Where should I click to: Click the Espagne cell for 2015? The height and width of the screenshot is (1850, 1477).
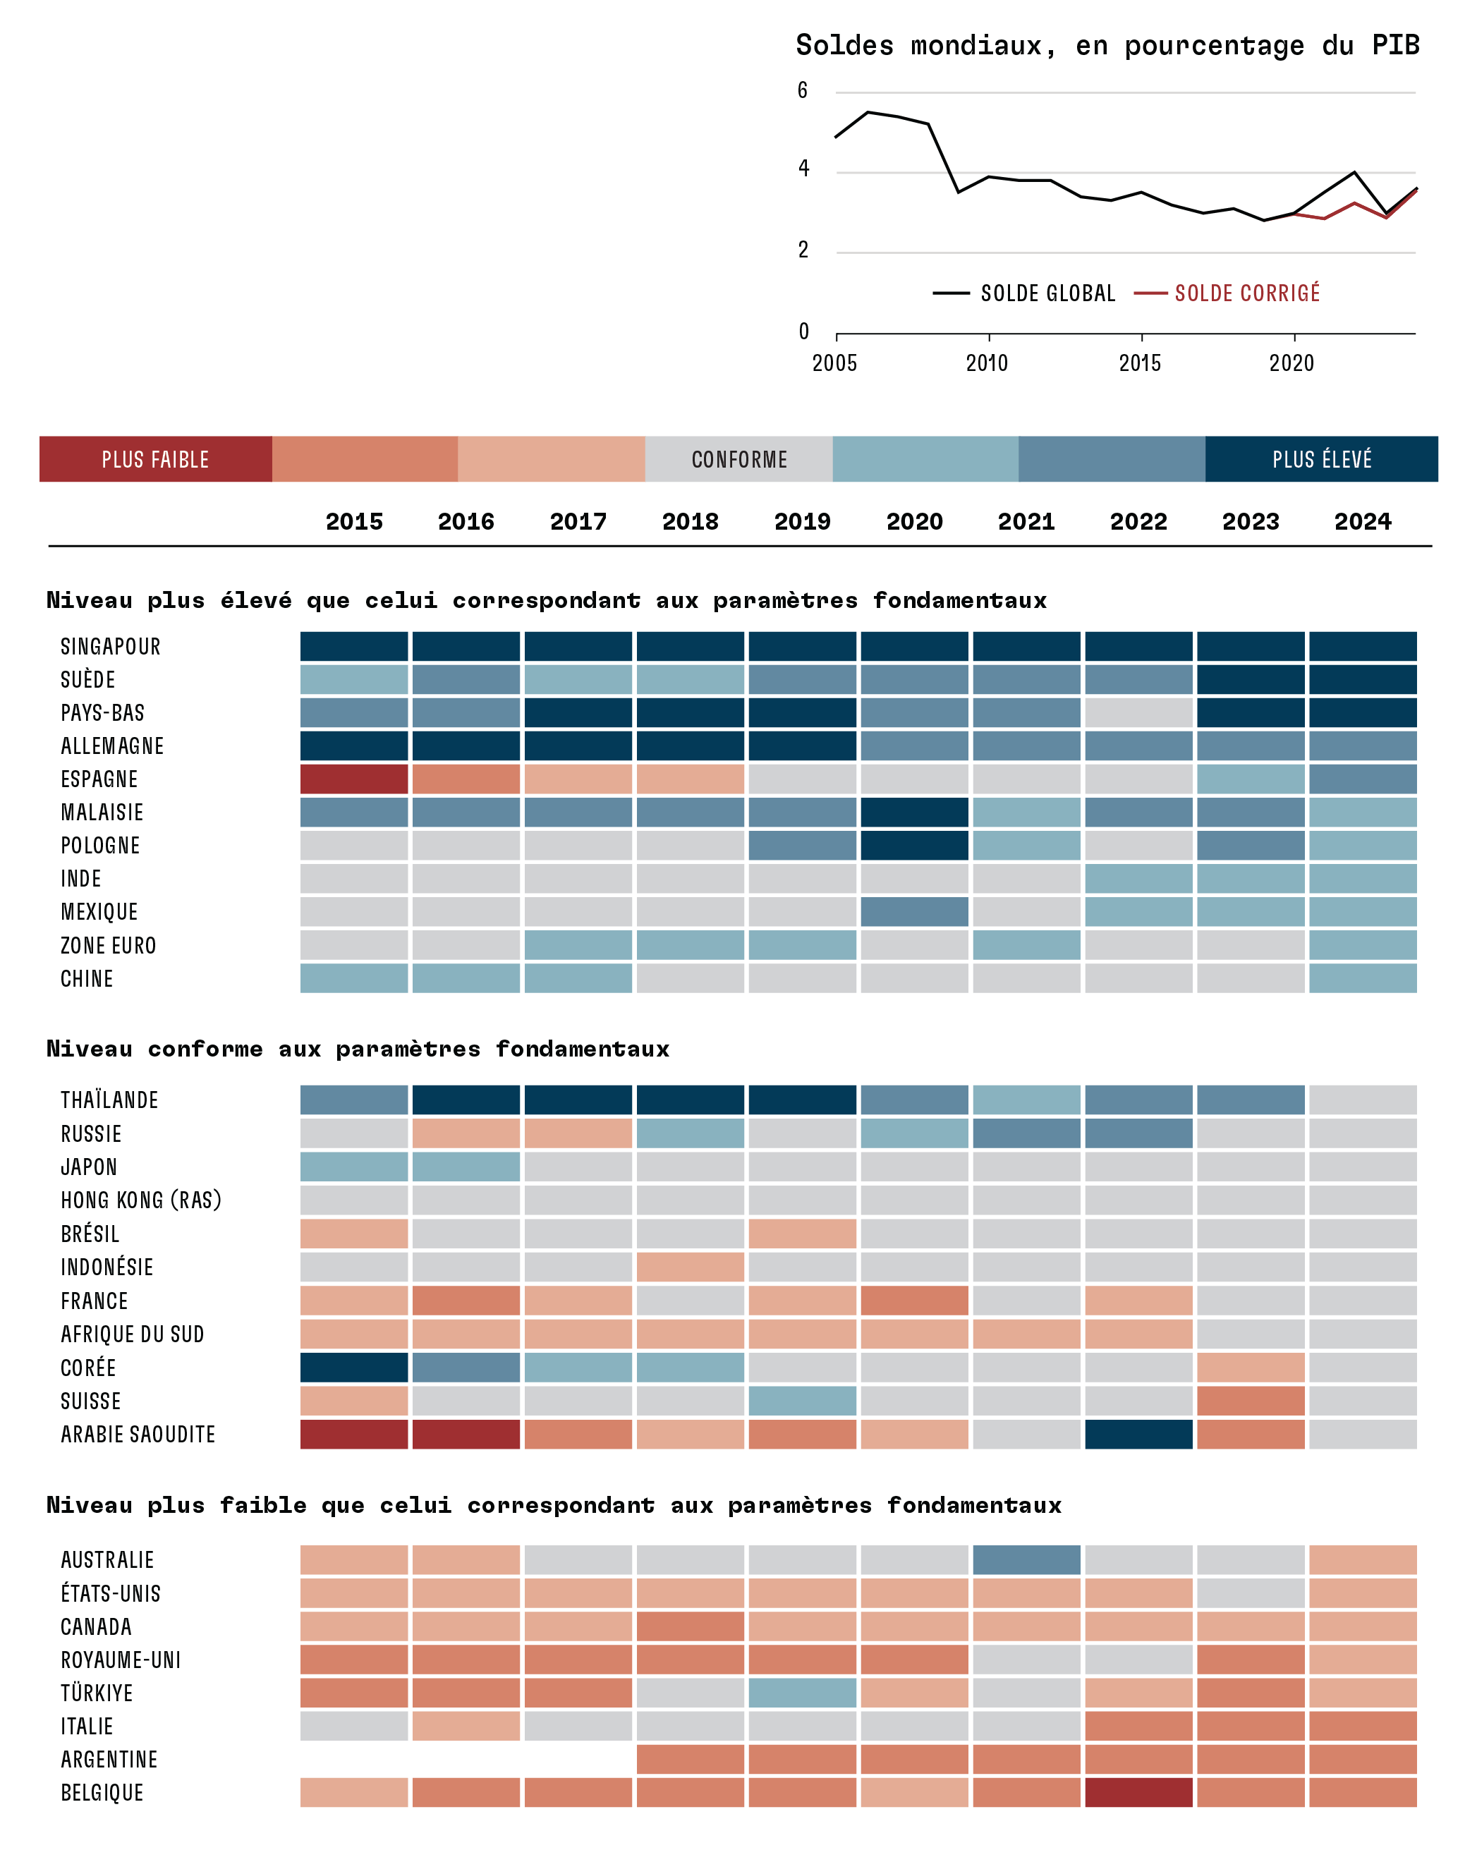click(353, 779)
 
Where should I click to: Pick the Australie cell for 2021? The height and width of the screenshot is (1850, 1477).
click(1026, 1560)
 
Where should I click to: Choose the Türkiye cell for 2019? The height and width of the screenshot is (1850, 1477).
click(803, 1693)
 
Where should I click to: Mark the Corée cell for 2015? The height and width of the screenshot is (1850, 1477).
click(353, 1368)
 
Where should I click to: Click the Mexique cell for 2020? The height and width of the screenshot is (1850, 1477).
click(914, 911)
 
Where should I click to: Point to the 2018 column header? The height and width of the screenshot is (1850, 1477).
click(690, 522)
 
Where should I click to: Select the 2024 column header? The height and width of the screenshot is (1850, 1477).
click(1362, 522)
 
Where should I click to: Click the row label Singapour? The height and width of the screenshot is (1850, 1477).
click(111, 647)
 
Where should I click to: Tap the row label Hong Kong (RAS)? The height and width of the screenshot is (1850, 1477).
click(141, 1200)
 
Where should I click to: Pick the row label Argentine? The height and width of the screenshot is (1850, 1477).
click(109, 1760)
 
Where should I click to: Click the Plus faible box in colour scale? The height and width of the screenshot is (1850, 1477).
click(155, 459)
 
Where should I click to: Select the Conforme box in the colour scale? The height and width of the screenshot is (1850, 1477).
click(739, 459)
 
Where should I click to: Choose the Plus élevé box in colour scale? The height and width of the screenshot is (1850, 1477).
click(1322, 459)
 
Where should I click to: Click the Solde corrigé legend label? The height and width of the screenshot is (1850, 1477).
click(1247, 293)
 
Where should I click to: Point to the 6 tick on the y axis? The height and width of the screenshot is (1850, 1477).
click(803, 90)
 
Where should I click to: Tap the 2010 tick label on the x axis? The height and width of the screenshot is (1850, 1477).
click(987, 363)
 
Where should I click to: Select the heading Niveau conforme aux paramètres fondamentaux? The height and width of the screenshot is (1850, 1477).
click(358, 1049)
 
